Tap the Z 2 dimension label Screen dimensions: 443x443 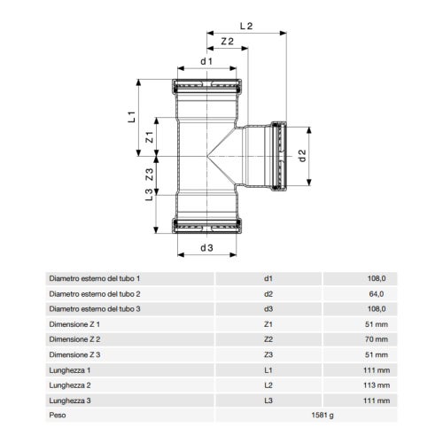pos(225,42)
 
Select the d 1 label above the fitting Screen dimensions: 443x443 pos(206,61)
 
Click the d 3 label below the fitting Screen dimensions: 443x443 pos(206,248)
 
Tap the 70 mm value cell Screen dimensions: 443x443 pos(377,338)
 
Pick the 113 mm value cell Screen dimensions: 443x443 pos(375,384)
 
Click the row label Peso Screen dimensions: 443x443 pos(58,414)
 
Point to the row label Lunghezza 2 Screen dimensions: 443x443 pos(71,384)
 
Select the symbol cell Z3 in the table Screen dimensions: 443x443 pos(268,354)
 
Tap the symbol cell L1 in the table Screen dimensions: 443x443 pos(268,369)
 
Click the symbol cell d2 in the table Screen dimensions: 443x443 pos(268,293)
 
